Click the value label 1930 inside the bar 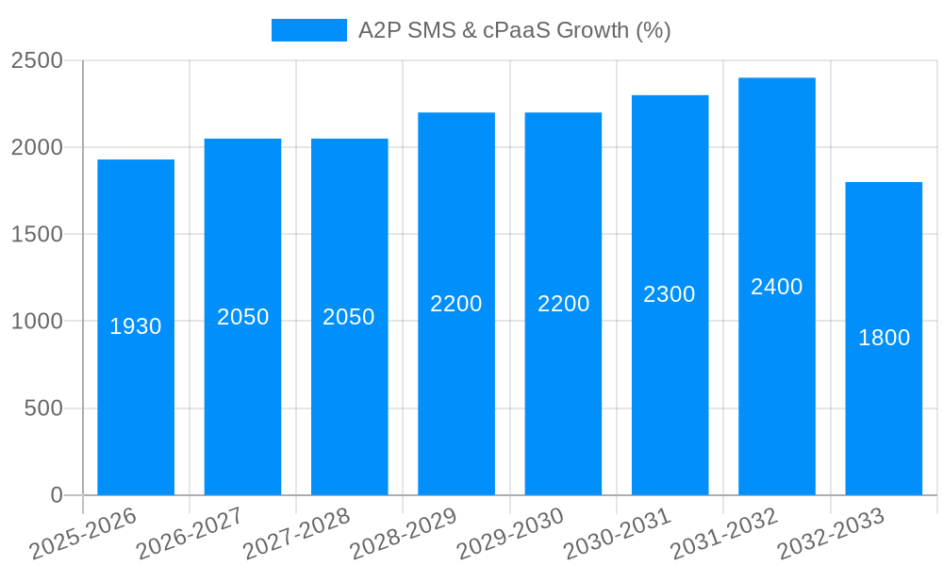(136, 326)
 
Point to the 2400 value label (776, 287)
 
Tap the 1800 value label (884, 338)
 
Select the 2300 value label (670, 294)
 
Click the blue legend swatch (308, 30)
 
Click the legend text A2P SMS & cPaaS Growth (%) (514, 30)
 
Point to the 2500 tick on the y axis (37, 60)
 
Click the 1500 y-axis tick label (37, 234)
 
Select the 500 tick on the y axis (43, 408)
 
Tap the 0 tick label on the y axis (56, 495)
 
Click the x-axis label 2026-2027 (190, 534)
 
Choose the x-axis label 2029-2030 (510, 534)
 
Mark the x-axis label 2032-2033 (831, 534)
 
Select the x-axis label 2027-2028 (296, 534)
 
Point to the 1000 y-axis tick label (37, 321)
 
